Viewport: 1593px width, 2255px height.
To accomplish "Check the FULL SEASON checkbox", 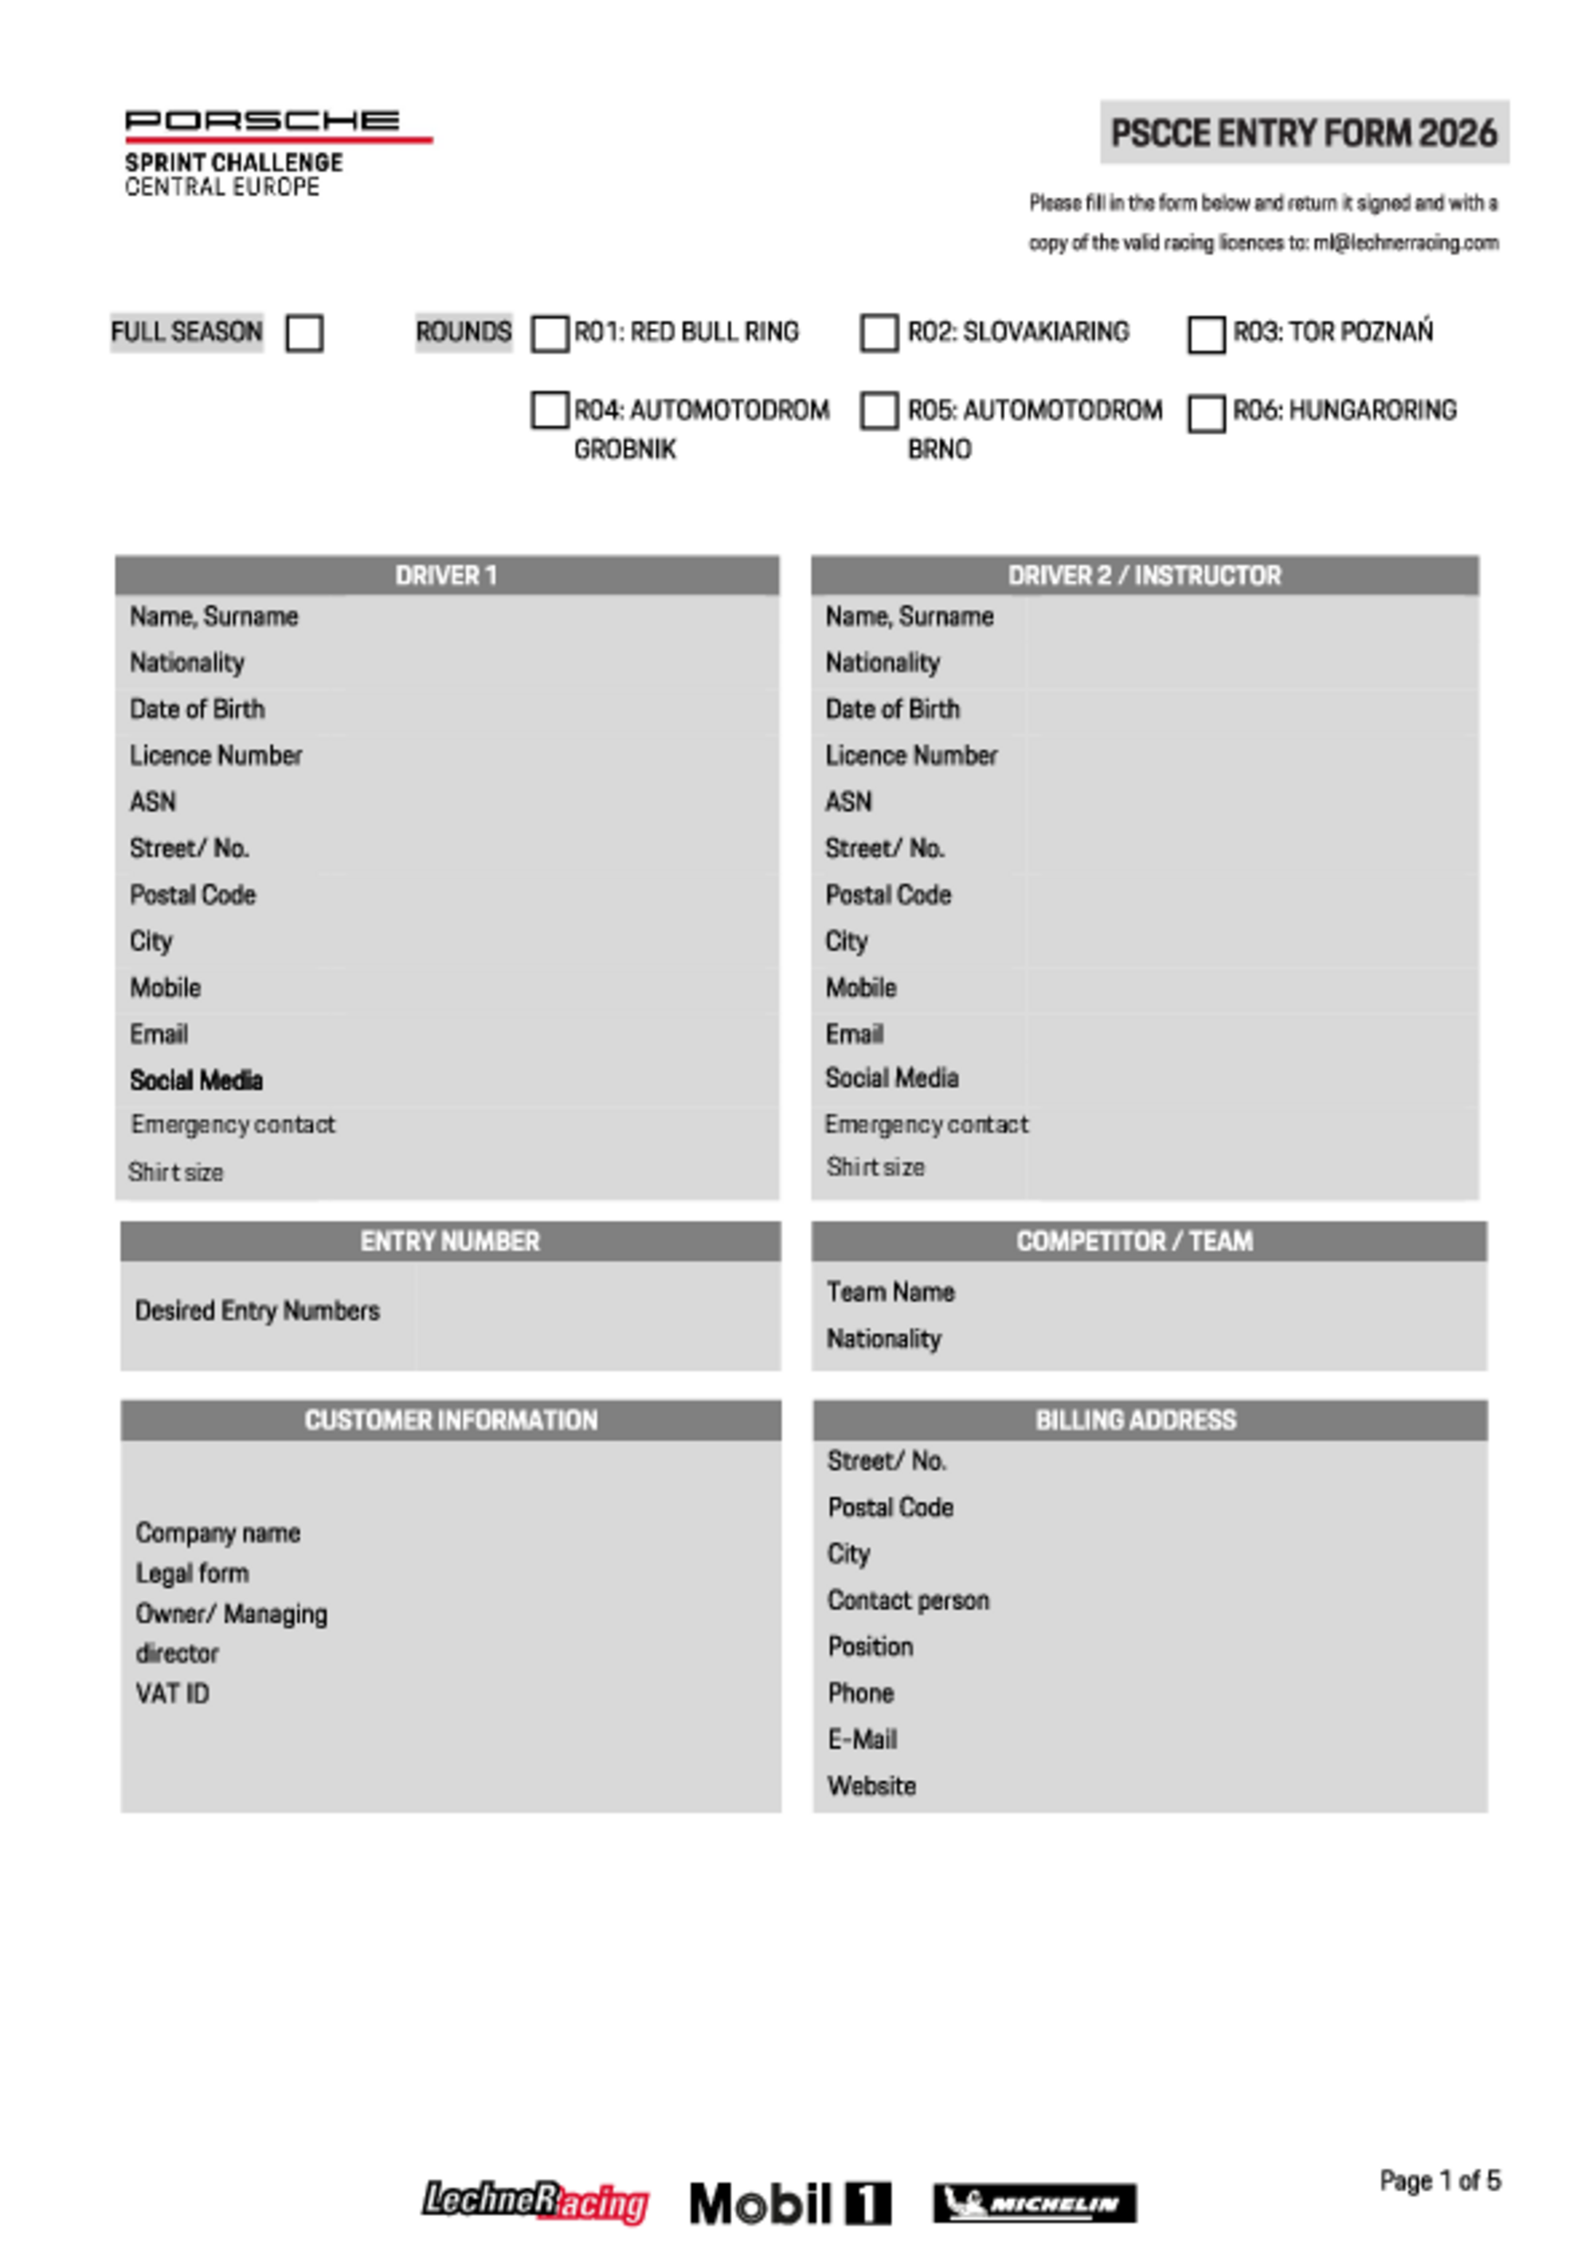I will coord(304,333).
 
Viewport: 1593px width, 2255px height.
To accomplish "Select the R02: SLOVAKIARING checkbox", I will coord(879,333).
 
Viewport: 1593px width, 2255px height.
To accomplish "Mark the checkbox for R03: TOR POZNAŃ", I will coord(1206,334).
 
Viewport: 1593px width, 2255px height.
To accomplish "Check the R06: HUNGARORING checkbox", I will coord(1206,413).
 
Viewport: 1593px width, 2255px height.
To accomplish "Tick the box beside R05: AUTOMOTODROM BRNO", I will coord(879,412).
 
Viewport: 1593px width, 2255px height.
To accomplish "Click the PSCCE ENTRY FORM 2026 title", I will coord(1303,132).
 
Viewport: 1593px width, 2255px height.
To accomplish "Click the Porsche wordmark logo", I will coord(262,121).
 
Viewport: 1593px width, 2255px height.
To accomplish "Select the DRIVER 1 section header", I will coord(447,576).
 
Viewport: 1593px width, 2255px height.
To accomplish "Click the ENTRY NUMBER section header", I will coord(450,1242).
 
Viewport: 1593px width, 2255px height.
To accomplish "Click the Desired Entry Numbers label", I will coord(257,1311).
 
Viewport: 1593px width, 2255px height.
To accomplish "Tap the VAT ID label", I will coord(173,1694).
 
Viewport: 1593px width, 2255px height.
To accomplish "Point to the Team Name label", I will coord(890,1293).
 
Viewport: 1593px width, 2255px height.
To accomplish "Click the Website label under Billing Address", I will coord(871,1787).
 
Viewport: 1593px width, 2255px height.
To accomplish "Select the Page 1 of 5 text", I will coord(1440,2182).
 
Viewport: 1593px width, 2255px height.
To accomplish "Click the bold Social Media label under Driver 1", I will coord(197,1082).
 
